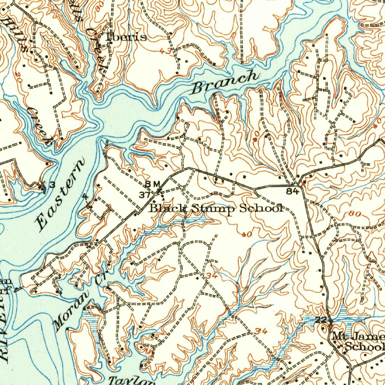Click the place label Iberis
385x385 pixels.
pyautogui.click(x=126, y=37)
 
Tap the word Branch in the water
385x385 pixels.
pyautogui.click(x=225, y=82)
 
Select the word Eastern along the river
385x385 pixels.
pyautogui.click(x=60, y=195)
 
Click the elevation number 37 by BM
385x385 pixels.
pyautogui.click(x=145, y=195)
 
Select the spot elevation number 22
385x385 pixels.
pyautogui.click(x=320, y=320)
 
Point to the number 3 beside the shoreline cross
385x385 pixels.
pyautogui.click(x=52, y=184)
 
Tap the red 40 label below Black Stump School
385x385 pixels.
pyautogui.click(x=247, y=235)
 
